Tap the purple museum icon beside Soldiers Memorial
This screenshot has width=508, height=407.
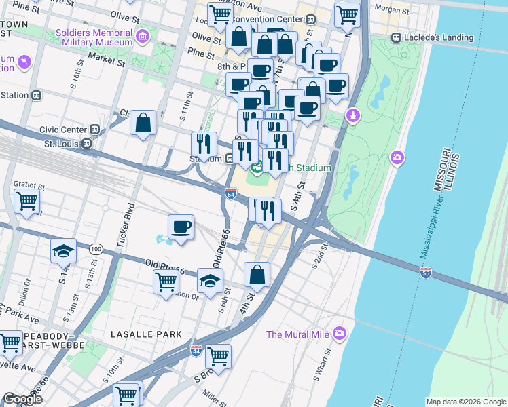(x=142, y=36)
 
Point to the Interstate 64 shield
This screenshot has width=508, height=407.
(x=230, y=194)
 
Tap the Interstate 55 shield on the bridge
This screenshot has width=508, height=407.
(x=426, y=273)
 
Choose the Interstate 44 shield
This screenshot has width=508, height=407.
(x=196, y=351)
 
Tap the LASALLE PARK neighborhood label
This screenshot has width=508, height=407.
(x=147, y=334)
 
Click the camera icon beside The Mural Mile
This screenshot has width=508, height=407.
(x=340, y=334)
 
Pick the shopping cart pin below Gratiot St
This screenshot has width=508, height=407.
(x=26, y=200)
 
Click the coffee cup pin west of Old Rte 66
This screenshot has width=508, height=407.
(x=181, y=227)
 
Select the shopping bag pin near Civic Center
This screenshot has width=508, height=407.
(x=143, y=123)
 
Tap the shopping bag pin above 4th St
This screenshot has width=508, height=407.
(x=257, y=275)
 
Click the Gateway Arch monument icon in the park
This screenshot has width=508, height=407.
(x=352, y=117)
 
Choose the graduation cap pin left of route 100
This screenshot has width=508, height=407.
(x=63, y=251)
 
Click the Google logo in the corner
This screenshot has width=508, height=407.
(x=22, y=399)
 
